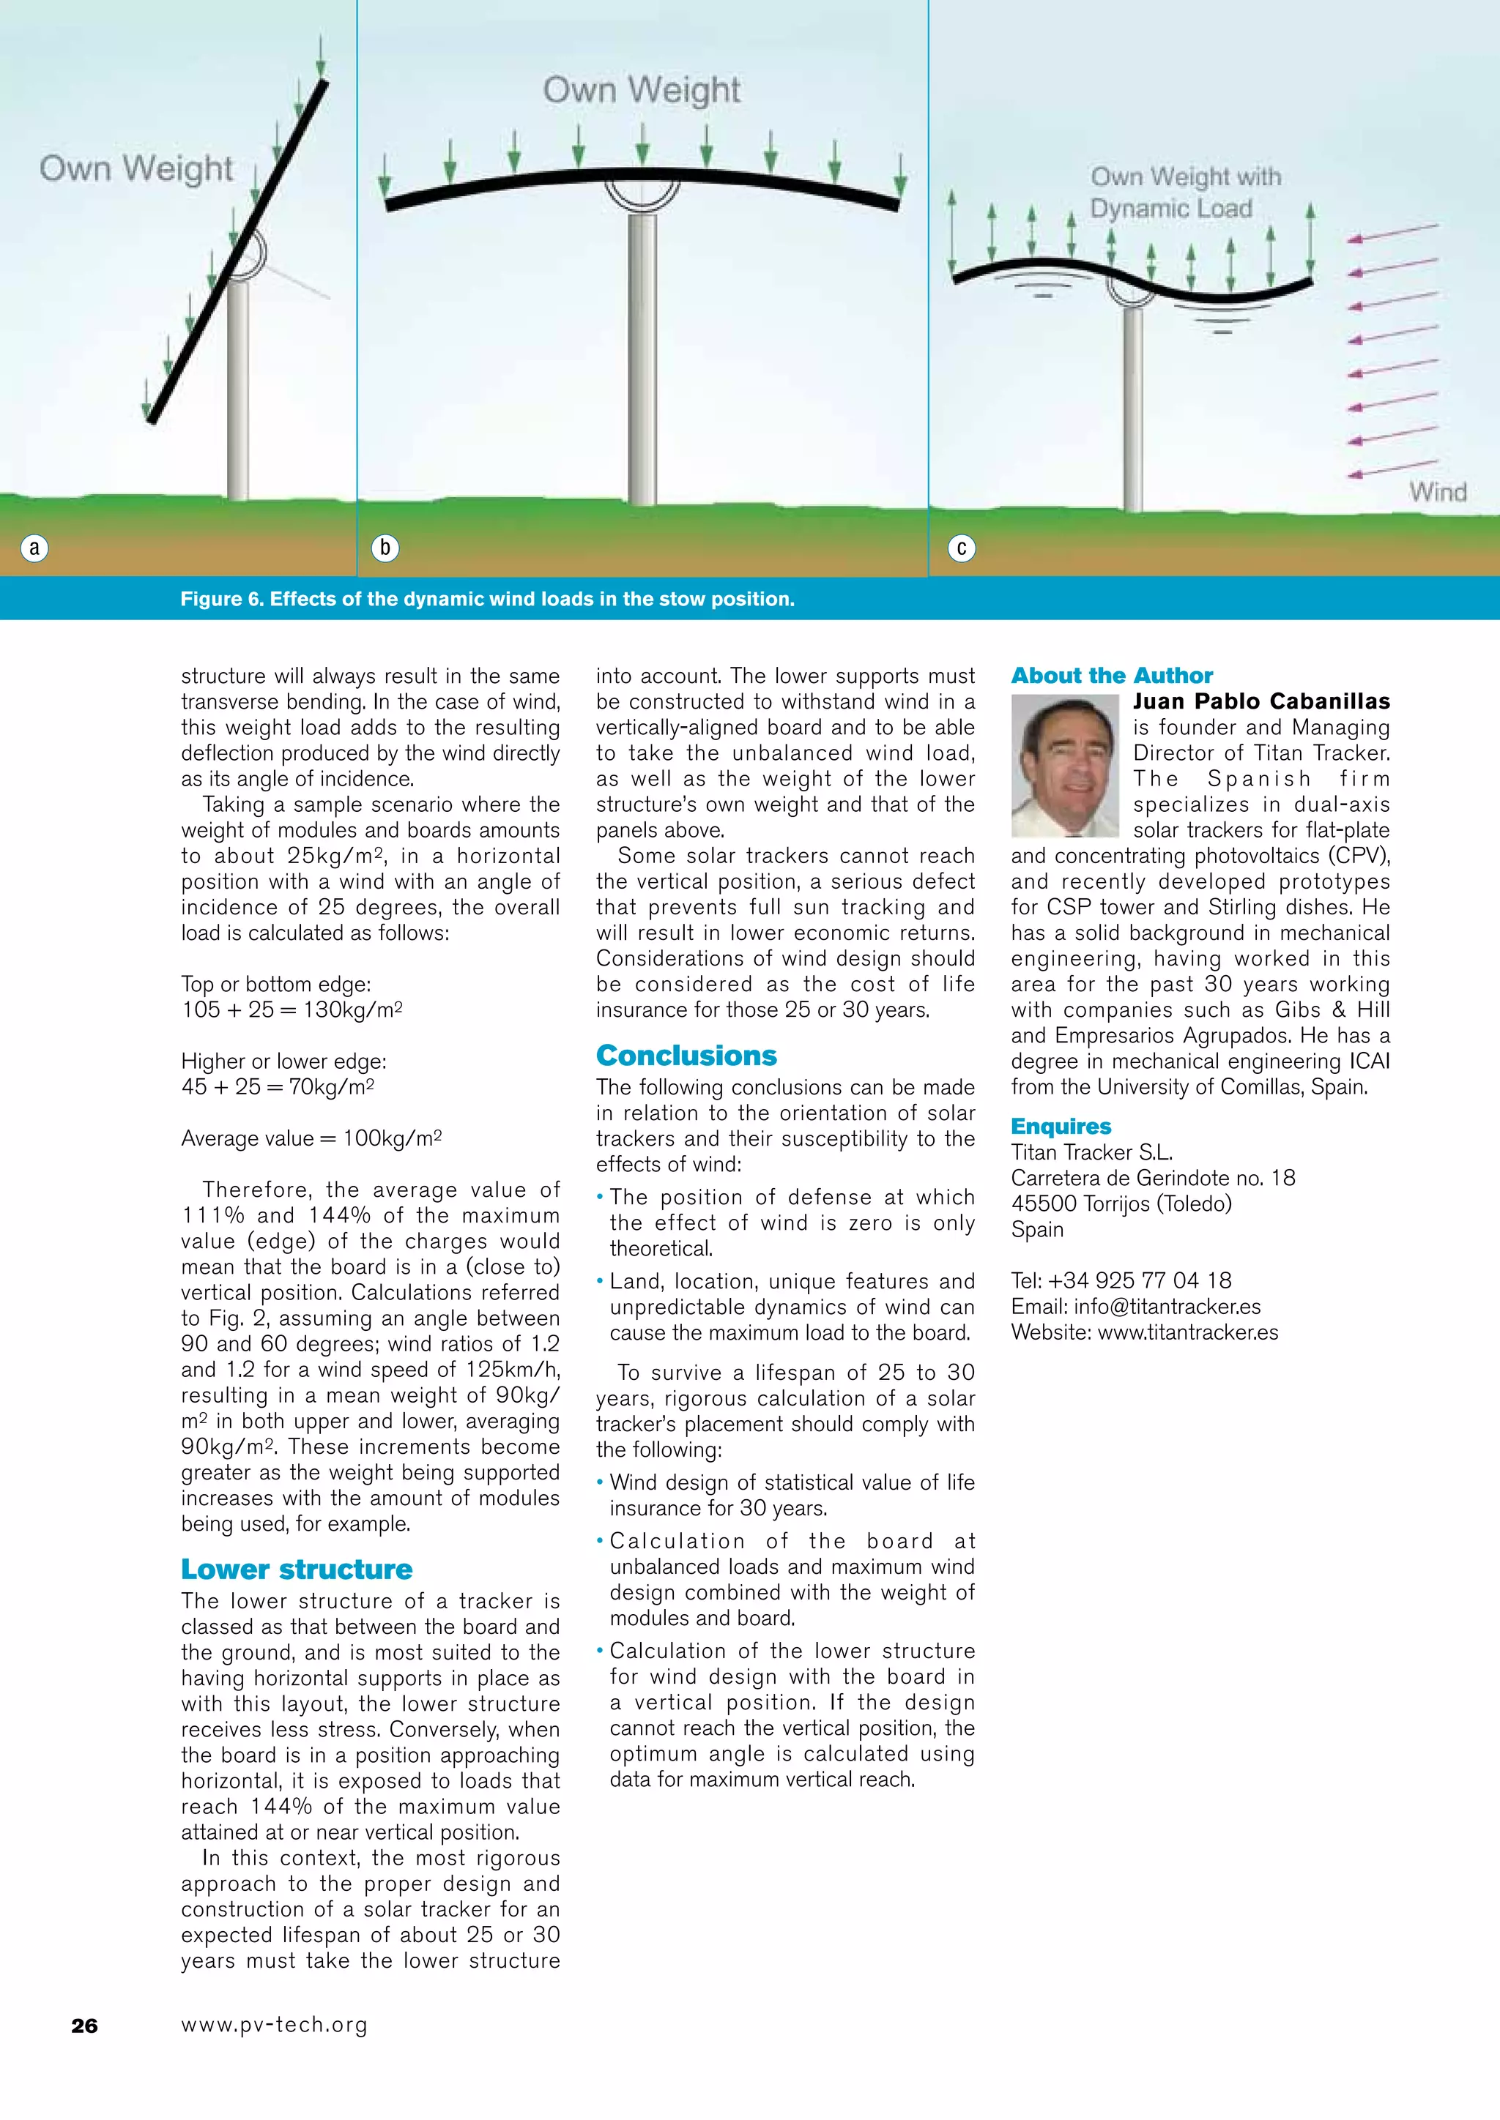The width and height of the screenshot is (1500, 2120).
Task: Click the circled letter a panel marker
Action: (x=35, y=548)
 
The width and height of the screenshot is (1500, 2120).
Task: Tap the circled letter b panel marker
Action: (x=385, y=548)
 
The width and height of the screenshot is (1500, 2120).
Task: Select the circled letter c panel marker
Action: (x=962, y=548)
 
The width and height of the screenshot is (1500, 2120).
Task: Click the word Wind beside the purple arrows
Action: (x=1437, y=492)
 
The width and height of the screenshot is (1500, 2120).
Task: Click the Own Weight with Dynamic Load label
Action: (x=1185, y=192)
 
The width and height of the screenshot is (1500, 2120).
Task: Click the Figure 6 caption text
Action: (x=487, y=600)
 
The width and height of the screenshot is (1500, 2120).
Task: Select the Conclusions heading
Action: (x=686, y=1056)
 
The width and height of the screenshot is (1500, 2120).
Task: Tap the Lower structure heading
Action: (x=297, y=1569)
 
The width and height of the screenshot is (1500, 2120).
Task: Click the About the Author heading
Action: (x=1111, y=675)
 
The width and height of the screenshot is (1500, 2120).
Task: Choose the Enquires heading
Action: (x=1061, y=1126)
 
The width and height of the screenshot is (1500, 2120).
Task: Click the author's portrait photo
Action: (x=1066, y=766)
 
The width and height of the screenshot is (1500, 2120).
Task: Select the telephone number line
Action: (x=1121, y=1280)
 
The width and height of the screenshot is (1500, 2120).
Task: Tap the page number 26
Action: (x=84, y=2026)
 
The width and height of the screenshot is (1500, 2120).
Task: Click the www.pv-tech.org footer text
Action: (x=275, y=2025)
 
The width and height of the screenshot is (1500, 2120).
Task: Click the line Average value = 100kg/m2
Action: (x=311, y=1138)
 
